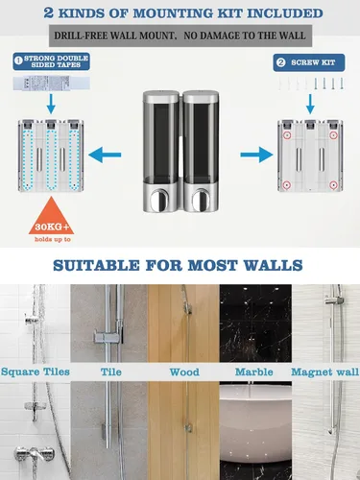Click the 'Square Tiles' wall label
click(x=36, y=372)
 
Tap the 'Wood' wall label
click(x=184, y=372)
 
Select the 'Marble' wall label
click(x=254, y=372)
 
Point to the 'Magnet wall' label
click(x=324, y=372)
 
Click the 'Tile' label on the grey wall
click(x=111, y=372)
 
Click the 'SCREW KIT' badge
click(x=309, y=62)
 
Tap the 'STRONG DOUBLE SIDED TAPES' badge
click(x=51, y=61)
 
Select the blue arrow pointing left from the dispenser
click(x=105, y=155)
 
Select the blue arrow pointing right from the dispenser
click(x=256, y=155)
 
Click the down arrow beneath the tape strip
click(x=51, y=104)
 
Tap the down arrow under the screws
click(x=310, y=104)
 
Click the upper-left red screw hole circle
click(x=287, y=135)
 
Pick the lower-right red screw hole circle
click(x=333, y=185)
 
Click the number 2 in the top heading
click(x=48, y=12)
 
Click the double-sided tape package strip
click(x=51, y=84)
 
